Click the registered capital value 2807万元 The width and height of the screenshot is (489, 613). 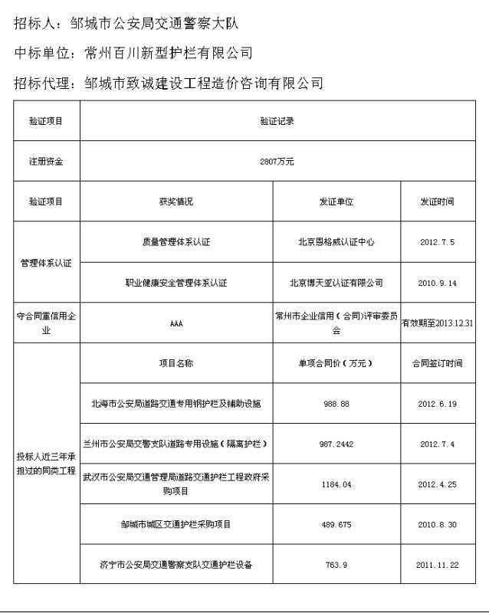point(277,162)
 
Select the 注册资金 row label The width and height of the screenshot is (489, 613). point(46,162)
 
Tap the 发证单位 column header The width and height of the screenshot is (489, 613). point(336,202)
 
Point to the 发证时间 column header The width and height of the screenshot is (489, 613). point(437,202)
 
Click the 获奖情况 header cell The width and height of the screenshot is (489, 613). point(176,202)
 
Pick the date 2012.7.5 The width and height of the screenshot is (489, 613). point(437,242)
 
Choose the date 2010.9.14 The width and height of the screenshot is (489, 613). point(437,283)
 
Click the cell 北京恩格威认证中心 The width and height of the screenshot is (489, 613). point(336,242)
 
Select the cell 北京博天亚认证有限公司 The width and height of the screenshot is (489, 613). point(336,283)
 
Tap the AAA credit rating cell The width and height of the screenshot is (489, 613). point(176,323)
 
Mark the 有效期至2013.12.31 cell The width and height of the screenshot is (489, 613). point(438,323)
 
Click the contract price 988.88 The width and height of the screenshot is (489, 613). point(336,403)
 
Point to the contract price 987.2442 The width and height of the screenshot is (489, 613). point(336,444)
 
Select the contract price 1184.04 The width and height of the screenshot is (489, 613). point(336,484)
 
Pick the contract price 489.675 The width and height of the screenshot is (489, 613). point(336,525)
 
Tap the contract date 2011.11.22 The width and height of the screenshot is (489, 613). point(437,565)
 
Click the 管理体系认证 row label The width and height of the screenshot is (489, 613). point(46,263)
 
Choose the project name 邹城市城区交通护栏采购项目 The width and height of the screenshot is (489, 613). point(176,525)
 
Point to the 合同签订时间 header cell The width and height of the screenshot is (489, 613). point(437,363)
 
